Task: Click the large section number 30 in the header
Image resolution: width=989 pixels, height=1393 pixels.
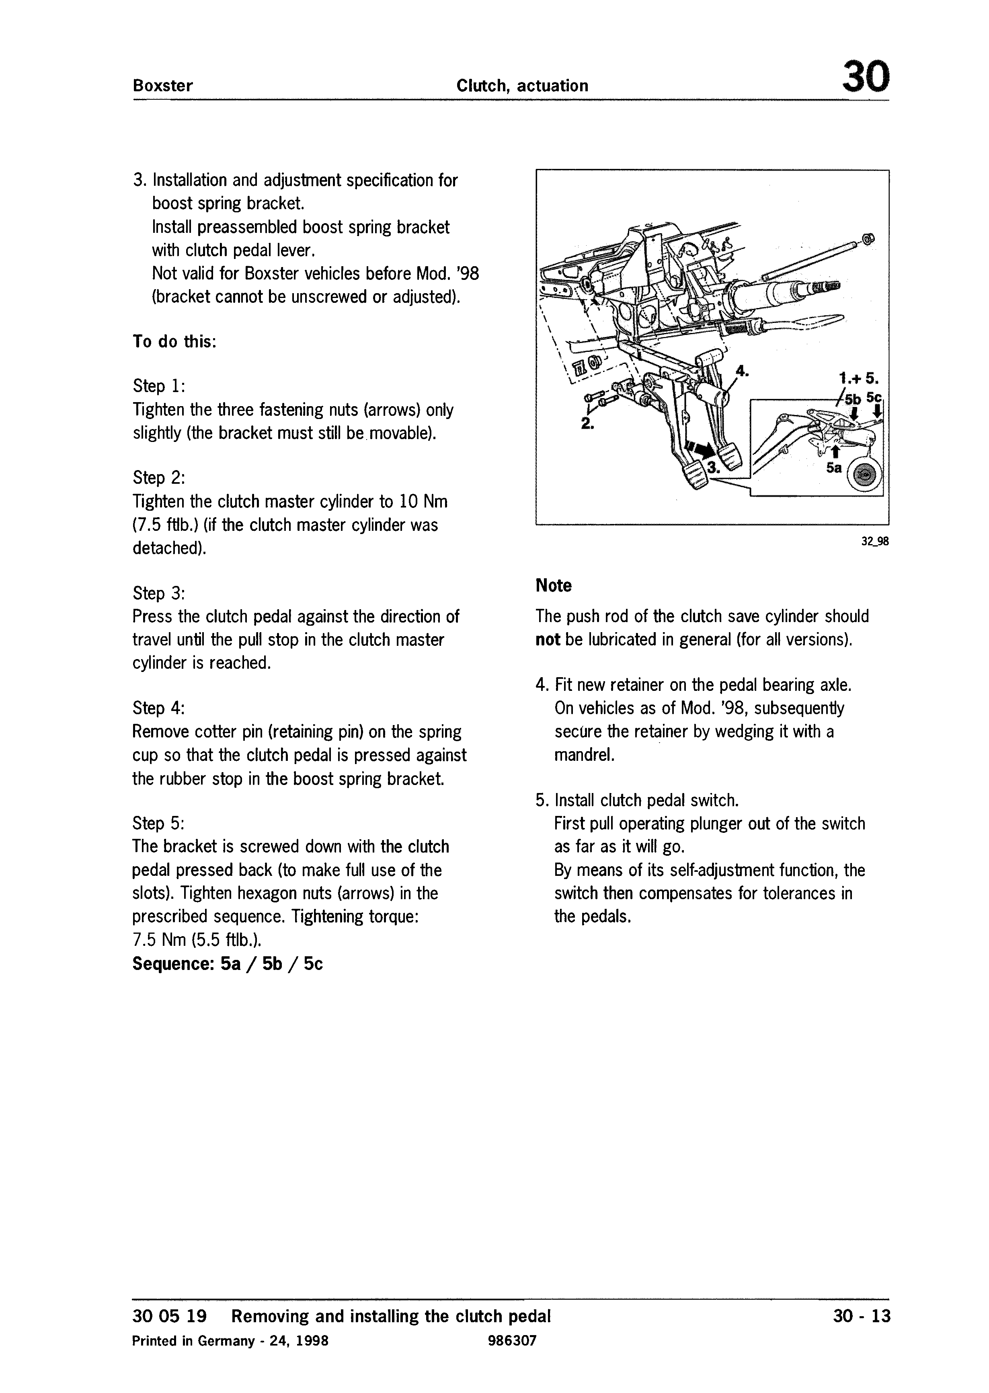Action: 865,77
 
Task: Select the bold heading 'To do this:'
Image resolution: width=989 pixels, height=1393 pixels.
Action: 174,342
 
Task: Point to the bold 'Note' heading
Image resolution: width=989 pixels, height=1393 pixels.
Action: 554,586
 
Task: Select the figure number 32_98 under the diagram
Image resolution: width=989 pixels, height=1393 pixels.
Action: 874,541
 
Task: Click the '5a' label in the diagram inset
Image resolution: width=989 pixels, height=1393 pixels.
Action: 834,468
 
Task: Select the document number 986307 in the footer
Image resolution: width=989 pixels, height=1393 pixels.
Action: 512,1341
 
